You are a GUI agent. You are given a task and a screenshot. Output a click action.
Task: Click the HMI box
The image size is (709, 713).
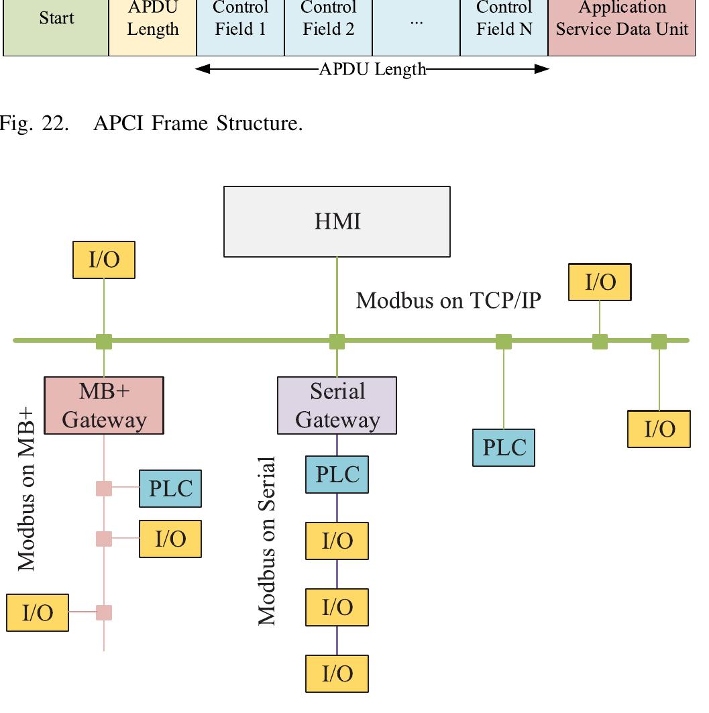pos(337,221)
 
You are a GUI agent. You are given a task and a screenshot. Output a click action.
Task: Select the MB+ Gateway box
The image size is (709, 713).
pos(104,405)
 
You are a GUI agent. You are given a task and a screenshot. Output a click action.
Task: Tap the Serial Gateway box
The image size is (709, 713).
pos(337,405)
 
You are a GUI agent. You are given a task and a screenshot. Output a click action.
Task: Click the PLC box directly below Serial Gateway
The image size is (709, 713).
pos(337,474)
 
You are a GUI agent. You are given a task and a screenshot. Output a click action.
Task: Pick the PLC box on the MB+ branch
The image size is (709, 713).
pos(170,488)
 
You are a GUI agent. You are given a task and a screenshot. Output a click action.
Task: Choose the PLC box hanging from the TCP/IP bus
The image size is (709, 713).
pos(504,447)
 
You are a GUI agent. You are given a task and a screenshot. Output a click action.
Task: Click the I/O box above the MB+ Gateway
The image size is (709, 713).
pos(104,260)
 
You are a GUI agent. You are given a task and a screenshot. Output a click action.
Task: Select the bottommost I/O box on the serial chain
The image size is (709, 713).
pos(337,673)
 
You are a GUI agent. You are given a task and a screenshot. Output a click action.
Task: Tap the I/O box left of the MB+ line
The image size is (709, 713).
pos(38,612)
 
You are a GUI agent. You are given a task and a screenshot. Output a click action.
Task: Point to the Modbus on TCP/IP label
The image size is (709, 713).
pos(447,300)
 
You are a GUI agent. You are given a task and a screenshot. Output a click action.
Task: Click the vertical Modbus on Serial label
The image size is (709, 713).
pos(268,541)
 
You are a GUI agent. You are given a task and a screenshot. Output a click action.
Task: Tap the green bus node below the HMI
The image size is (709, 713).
pos(337,341)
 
